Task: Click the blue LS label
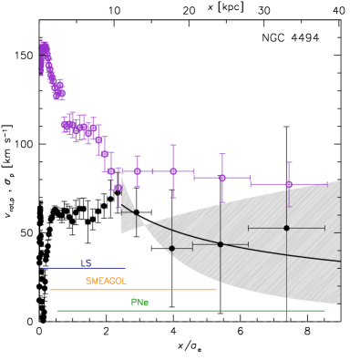(x=87, y=262)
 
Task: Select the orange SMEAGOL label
(x=106, y=281)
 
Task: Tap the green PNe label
(x=139, y=302)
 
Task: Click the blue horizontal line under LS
(x=84, y=268)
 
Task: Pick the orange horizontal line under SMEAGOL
(x=132, y=290)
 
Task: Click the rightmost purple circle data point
(x=289, y=184)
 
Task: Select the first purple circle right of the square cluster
(x=138, y=170)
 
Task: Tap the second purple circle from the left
(x=173, y=171)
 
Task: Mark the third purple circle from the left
(x=221, y=178)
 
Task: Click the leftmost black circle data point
(x=171, y=248)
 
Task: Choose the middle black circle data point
(x=220, y=244)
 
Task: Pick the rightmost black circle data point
(x=286, y=228)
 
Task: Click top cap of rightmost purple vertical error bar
(x=289, y=163)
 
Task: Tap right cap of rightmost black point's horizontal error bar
(x=324, y=228)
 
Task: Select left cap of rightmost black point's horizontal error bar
(x=248, y=228)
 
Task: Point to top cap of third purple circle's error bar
(x=221, y=154)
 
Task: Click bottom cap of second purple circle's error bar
(x=173, y=197)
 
